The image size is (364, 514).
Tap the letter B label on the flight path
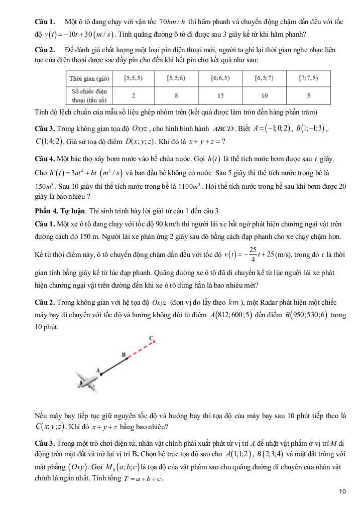click(123, 354)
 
